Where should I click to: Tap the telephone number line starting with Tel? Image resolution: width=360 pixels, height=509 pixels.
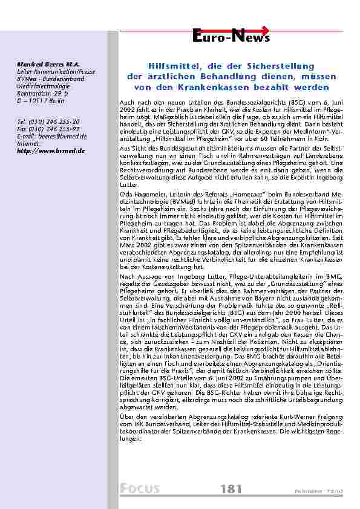coord(40,122)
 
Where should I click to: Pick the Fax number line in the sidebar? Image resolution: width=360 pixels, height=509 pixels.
coord(41,129)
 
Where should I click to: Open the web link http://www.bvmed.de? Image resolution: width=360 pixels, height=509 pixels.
coord(43,150)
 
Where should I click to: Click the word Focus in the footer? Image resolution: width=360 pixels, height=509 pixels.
coord(140,488)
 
